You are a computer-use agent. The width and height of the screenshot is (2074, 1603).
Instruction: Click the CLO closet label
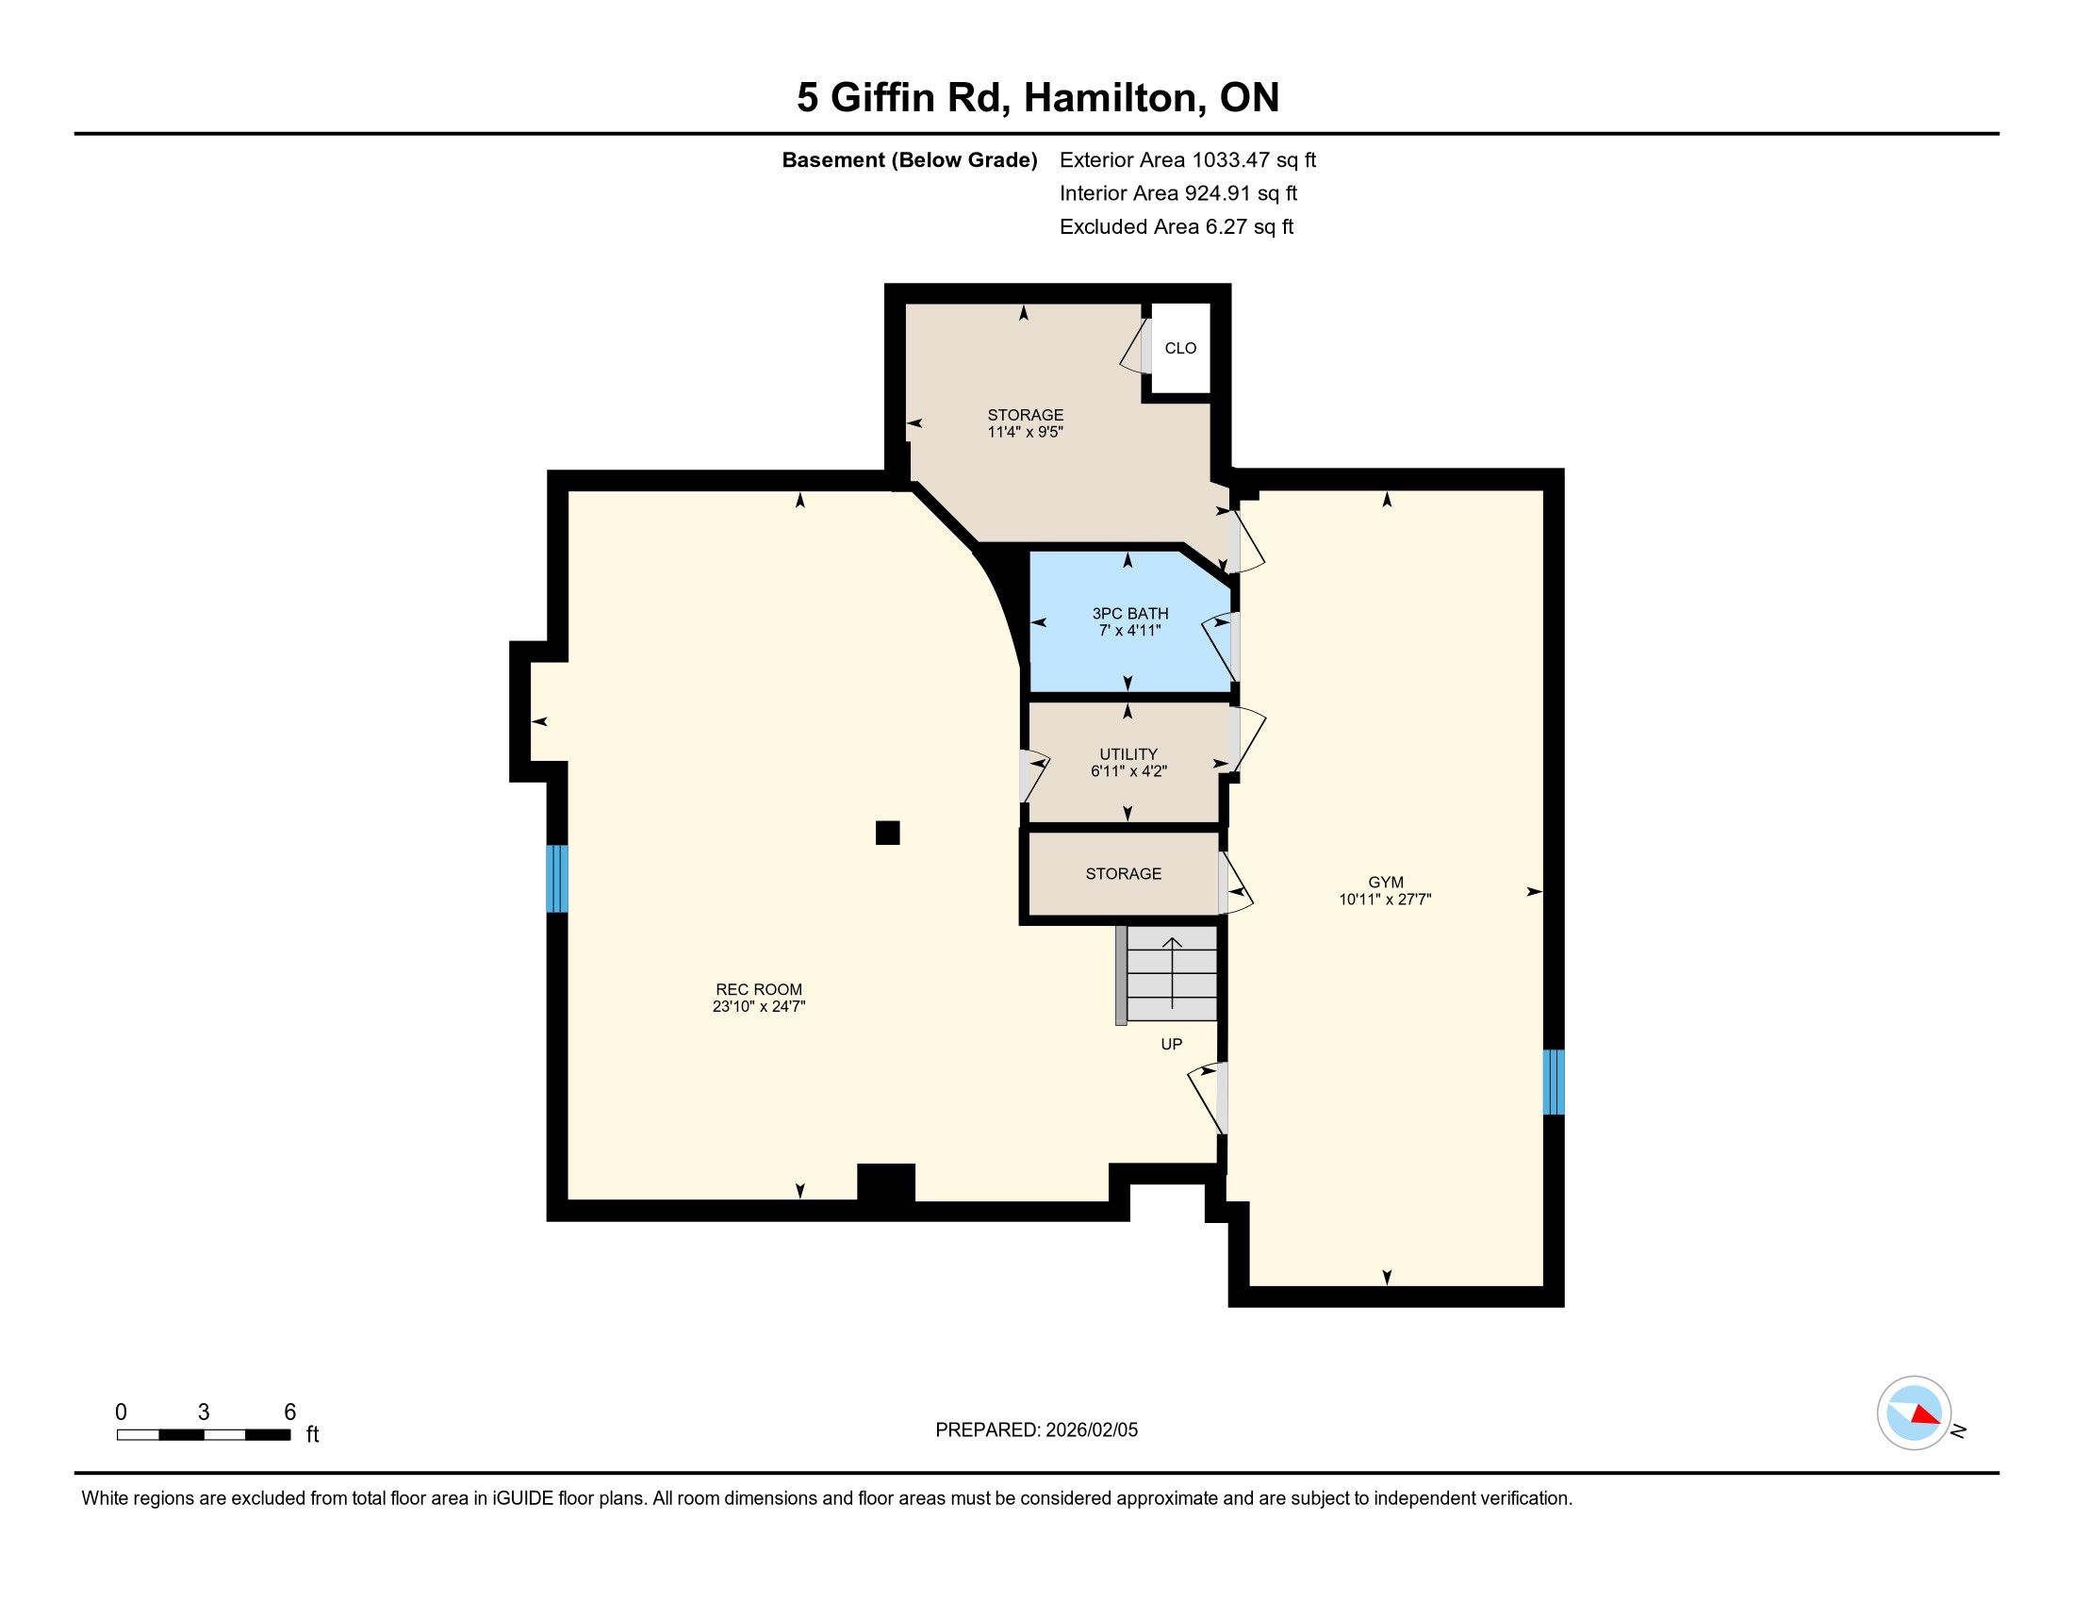[x=1180, y=349]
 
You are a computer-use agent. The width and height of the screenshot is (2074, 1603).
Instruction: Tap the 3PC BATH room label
[x=1130, y=614]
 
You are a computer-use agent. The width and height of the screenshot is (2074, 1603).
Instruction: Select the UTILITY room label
[x=1128, y=755]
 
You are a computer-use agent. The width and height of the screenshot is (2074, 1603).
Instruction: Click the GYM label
[x=1386, y=883]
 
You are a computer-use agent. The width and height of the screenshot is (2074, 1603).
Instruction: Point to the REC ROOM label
[x=759, y=989]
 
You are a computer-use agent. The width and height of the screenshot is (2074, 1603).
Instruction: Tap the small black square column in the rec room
[x=887, y=833]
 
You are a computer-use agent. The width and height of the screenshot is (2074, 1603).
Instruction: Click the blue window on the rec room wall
[x=557, y=879]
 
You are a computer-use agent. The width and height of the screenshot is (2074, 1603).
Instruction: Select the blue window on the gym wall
[x=1554, y=1082]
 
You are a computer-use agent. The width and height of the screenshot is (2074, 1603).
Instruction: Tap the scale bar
[x=204, y=1435]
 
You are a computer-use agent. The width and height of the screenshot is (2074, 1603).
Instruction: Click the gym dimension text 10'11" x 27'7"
[x=1386, y=900]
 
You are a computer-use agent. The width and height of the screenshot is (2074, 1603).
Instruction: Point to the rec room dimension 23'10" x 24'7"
[x=759, y=1007]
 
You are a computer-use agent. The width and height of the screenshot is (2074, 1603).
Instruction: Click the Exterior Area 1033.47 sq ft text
[x=1188, y=160]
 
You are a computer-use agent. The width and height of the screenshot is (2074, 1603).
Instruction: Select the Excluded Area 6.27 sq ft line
[x=1177, y=227]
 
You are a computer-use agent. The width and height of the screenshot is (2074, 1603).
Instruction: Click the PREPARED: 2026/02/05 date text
[x=1036, y=1430]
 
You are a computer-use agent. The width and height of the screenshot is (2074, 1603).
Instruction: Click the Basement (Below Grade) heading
[x=909, y=160]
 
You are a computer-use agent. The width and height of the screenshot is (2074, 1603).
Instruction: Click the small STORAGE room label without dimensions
[x=1124, y=874]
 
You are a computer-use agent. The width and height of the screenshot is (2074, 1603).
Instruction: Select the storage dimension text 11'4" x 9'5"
[x=1025, y=432]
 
